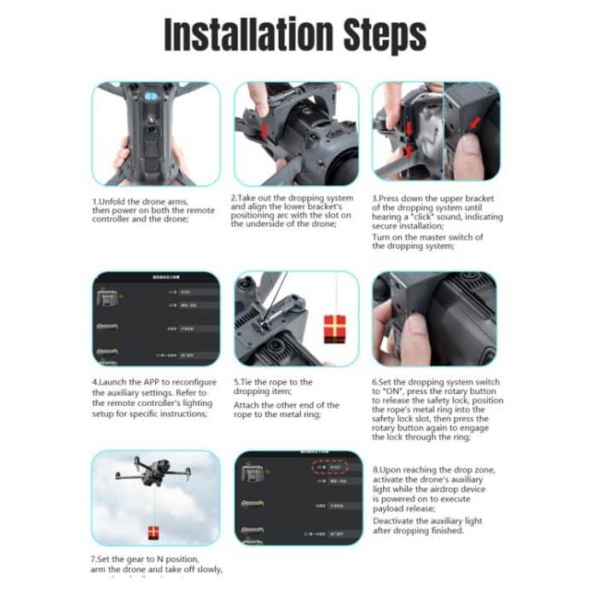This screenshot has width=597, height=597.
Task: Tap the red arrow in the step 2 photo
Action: pyautogui.click(x=265, y=130)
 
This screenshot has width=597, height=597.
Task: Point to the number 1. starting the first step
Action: pyautogui.click(x=96, y=201)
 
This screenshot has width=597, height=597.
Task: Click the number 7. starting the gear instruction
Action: pyautogui.click(x=96, y=558)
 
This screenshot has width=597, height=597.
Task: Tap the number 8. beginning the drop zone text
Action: pyautogui.click(x=377, y=470)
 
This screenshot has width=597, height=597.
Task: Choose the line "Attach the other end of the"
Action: pyautogui.click(x=286, y=405)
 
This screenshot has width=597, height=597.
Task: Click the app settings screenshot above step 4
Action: pyautogui.click(x=156, y=318)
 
